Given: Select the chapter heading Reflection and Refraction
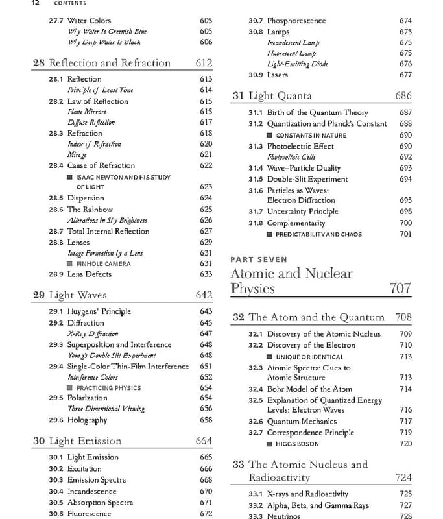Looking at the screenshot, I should [110, 63].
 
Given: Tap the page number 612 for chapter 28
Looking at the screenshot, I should [203, 63].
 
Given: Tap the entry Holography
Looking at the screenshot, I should [87, 420].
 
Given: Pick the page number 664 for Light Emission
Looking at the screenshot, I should [203, 441].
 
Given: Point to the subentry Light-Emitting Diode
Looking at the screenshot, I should [298, 64].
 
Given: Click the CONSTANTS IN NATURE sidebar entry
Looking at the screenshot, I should [311, 135].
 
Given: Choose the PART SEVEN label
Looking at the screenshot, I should [258, 259].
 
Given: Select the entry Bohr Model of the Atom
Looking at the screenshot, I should [300, 389].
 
